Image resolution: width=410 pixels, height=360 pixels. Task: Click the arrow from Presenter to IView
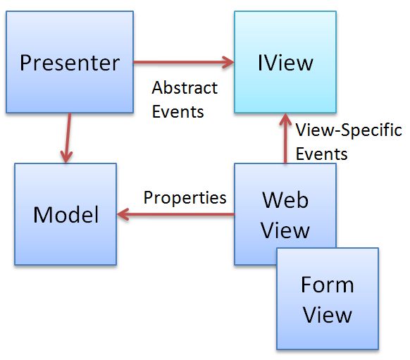pyautogui.click(x=183, y=62)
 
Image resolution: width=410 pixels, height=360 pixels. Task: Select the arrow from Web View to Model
pyautogui.click(x=176, y=213)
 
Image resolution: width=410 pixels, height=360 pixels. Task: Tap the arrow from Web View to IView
pyautogui.click(x=285, y=139)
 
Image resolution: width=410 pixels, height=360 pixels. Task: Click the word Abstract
pyautogui.click(x=185, y=88)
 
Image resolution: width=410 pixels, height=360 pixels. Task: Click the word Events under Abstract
pyautogui.click(x=178, y=111)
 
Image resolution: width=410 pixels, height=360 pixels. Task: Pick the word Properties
pyautogui.click(x=185, y=197)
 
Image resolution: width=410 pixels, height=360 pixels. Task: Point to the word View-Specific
pyautogui.click(x=349, y=130)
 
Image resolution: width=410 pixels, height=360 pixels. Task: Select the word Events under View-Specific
pyautogui.click(x=322, y=154)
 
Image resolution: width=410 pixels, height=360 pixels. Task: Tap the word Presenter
pyautogui.click(x=69, y=63)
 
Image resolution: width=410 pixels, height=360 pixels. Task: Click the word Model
pyautogui.click(x=66, y=214)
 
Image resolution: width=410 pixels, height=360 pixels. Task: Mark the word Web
pyautogui.click(x=285, y=200)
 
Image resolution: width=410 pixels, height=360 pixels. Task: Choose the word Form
pyautogui.click(x=327, y=285)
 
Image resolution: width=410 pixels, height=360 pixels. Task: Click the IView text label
pyautogui.click(x=285, y=62)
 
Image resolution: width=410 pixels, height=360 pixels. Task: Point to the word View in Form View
pyautogui.click(x=327, y=314)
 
